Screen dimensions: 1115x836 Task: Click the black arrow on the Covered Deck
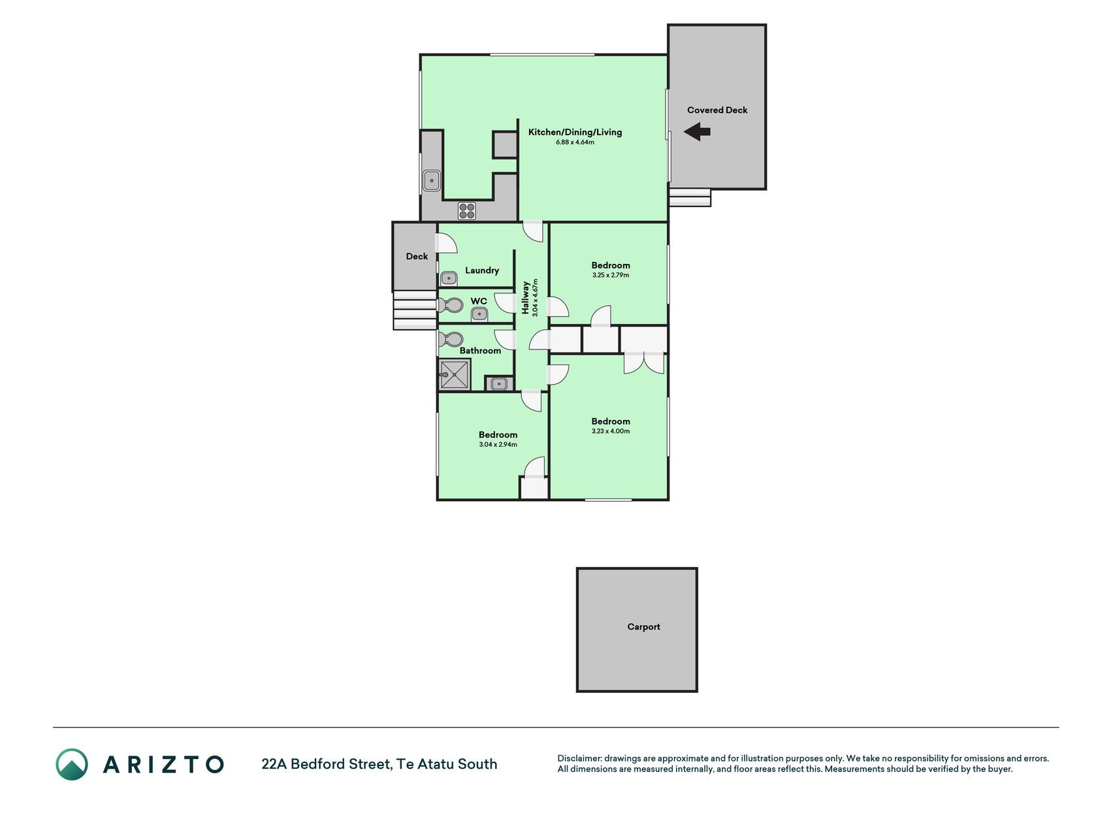[x=697, y=132]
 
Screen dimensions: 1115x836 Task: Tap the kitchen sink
[x=431, y=180]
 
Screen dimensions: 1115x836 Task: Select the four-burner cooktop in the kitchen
[x=466, y=211]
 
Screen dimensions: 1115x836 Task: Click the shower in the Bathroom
[x=454, y=375]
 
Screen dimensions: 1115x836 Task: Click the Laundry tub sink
[x=449, y=279]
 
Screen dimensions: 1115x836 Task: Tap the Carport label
[x=643, y=627]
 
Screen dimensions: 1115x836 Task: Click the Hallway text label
[x=525, y=297]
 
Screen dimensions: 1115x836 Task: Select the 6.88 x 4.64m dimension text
[x=575, y=142]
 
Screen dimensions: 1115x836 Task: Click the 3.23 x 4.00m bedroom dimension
[x=611, y=431]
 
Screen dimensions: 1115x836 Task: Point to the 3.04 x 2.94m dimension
[x=498, y=445]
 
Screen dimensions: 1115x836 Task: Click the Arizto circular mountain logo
[x=71, y=764]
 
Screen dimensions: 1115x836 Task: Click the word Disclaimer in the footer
[x=579, y=759]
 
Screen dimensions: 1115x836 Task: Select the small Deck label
[x=417, y=257]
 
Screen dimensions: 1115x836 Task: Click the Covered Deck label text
[x=717, y=110]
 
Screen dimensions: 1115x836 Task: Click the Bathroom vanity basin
[x=499, y=384]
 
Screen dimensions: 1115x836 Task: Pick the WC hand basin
[x=479, y=315]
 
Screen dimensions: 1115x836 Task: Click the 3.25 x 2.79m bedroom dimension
[x=611, y=276]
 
